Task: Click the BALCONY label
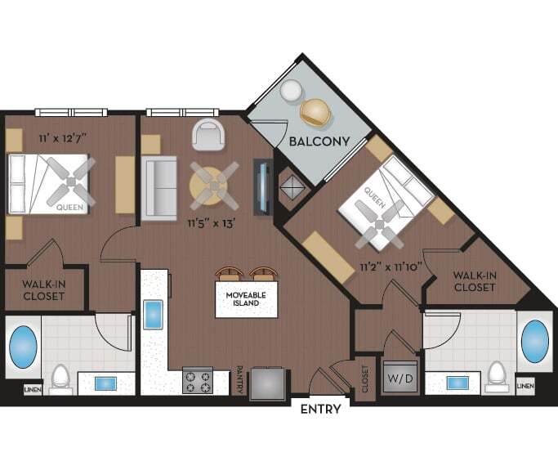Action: tap(319, 141)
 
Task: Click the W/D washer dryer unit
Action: tap(398, 379)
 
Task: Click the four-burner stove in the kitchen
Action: tap(196, 381)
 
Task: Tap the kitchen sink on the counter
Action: tap(154, 315)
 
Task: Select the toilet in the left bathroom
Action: tap(60, 379)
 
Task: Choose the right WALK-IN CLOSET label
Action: tap(474, 281)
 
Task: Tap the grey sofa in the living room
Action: tap(160, 188)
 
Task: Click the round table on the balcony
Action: tap(290, 92)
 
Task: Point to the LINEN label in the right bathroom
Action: tap(526, 385)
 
